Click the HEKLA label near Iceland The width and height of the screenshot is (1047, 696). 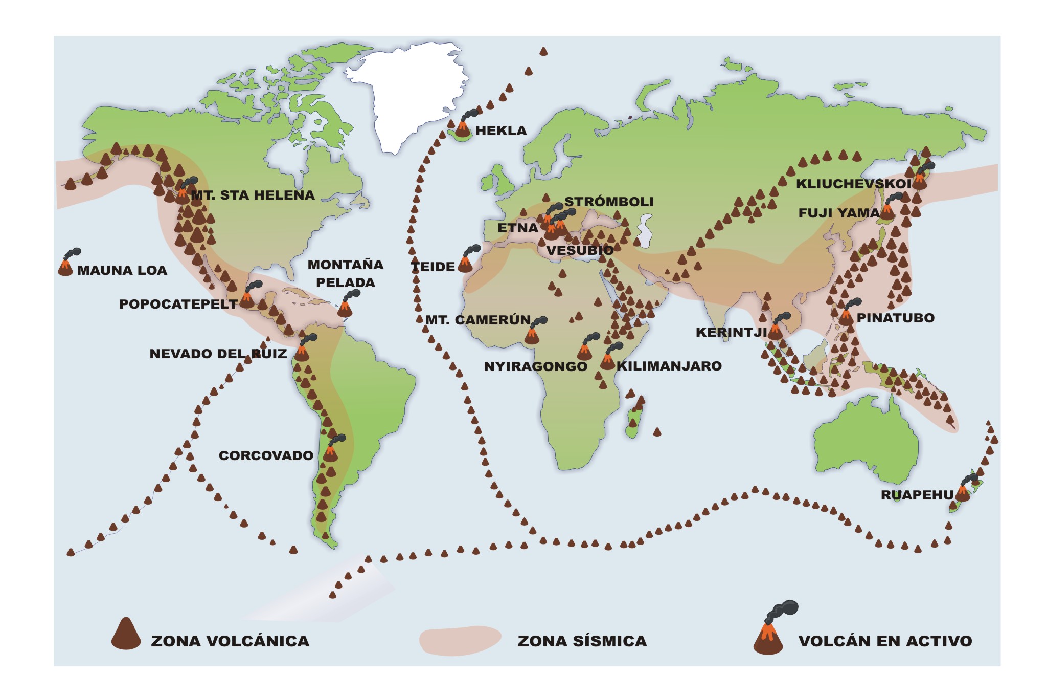[500, 130]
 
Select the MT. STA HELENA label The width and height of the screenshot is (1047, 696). [253, 195]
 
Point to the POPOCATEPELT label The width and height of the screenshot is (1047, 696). [178, 304]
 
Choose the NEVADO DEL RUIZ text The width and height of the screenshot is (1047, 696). [218, 354]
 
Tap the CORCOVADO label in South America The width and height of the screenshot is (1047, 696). [266, 455]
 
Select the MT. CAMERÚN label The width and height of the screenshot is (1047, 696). [478, 320]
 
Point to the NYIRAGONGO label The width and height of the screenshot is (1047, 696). [535, 366]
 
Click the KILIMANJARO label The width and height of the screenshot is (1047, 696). [669, 366]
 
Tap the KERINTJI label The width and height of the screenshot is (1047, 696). [731, 332]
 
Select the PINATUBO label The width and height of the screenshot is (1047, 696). [895, 318]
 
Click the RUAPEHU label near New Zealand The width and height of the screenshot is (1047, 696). [917, 495]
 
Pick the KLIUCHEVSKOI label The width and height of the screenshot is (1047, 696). [853, 184]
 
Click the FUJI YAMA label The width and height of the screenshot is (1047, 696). [838, 213]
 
